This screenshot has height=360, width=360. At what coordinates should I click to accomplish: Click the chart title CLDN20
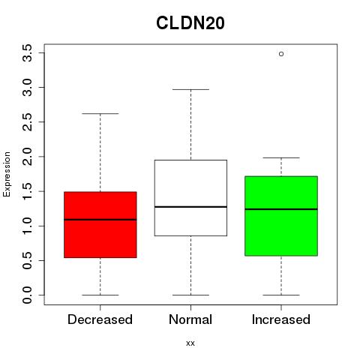[x=190, y=23]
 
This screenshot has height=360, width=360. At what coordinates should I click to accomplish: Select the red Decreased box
[x=100, y=225]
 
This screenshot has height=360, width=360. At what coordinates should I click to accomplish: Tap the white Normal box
[x=190, y=198]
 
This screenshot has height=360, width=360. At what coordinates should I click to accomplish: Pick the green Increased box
[x=281, y=216]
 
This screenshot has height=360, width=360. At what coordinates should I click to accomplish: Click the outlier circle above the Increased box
[x=281, y=54]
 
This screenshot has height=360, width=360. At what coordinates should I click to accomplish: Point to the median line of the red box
[x=100, y=220]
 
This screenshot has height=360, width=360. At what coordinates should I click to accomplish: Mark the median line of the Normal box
[x=190, y=207]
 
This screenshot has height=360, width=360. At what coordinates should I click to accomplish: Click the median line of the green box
[x=281, y=209]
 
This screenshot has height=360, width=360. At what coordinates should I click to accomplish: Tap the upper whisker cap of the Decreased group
[x=100, y=113]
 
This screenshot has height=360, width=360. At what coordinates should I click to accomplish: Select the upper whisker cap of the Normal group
[x=190, y=89]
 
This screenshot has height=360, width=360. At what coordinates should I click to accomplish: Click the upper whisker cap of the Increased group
[x=281, y=157]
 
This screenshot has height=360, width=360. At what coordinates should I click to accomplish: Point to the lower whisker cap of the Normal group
[x=190, y=295]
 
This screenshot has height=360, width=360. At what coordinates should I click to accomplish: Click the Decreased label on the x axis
[x=100, y=319]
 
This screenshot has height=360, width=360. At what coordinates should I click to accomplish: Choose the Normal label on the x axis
[x=190, y=319]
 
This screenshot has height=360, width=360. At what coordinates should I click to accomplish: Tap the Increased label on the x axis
[x=281, y=319]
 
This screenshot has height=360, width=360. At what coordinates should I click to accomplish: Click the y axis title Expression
[x=7, y=174]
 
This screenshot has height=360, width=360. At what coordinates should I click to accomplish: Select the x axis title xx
[x=190, y=343]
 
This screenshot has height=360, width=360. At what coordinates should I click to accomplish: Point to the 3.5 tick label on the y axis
[x=27, y=53]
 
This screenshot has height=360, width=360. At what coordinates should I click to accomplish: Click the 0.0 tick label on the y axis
[x=27, y=295]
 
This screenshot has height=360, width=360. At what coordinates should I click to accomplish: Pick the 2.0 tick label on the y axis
[x=27, y=157]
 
